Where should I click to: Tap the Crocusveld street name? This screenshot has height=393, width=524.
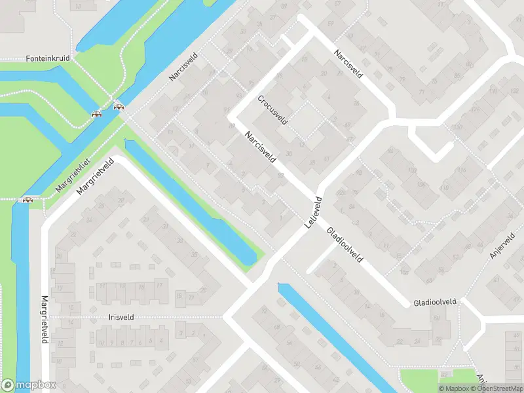(x=272, y=109)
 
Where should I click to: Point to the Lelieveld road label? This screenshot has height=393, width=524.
(x=314, y=212)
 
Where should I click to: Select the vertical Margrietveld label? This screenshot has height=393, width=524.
(x=45, y=318)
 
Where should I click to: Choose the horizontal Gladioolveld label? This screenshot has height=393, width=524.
(x=434, y=303)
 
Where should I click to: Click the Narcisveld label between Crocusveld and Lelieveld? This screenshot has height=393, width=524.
(x=260, y=147)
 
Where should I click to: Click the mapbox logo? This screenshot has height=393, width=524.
(x=29, y=385)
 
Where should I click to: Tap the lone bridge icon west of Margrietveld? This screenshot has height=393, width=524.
(x=28, y=200)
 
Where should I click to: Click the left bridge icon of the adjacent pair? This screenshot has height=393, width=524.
(x=97, y=113)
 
